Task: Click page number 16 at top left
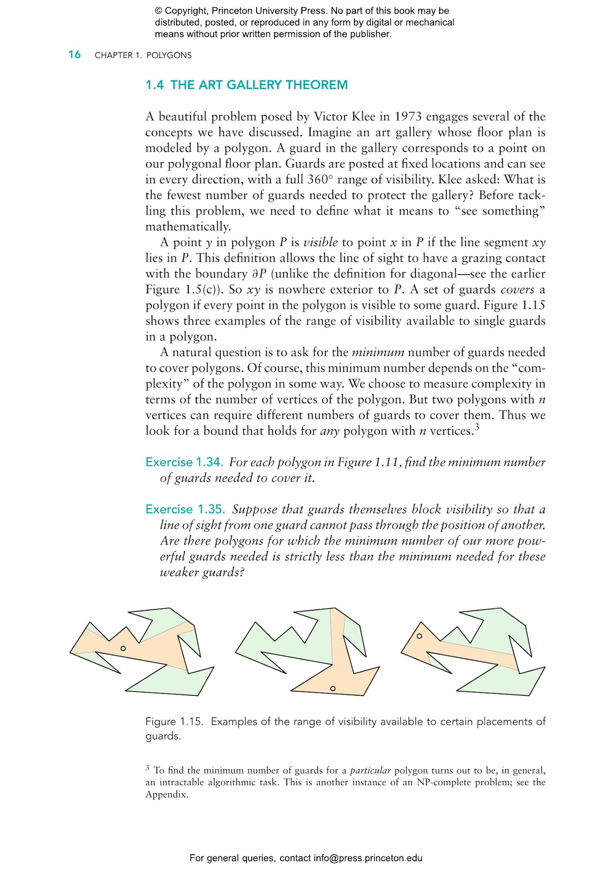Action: [75, 55]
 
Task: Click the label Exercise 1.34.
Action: [184, 462]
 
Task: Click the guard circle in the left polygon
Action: [123, 648]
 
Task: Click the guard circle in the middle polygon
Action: [333, 688]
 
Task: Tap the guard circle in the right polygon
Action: [419, 636]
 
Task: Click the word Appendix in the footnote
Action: [167, 795]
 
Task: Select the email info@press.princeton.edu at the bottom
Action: [368, 858]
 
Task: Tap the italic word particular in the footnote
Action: [370, 771]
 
